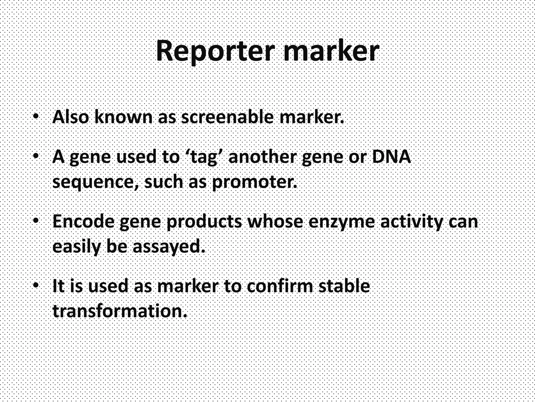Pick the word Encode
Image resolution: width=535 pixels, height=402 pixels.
(83, 221)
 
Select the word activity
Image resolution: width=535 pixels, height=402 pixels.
(412, 222)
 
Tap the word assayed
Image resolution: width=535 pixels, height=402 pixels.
(169, 247)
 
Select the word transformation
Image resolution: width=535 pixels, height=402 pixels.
(120, 311)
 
